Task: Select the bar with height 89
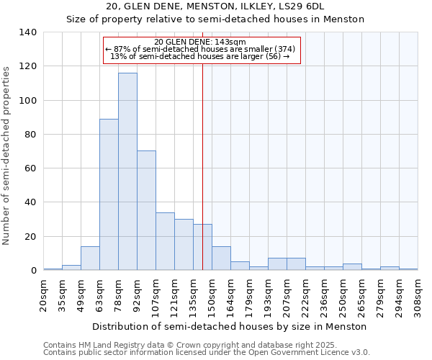109,194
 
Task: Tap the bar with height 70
146,210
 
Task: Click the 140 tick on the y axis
28,32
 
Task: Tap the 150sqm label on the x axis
212,295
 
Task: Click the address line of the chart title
215,6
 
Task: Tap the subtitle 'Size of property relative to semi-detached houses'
215,19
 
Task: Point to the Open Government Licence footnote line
207,353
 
